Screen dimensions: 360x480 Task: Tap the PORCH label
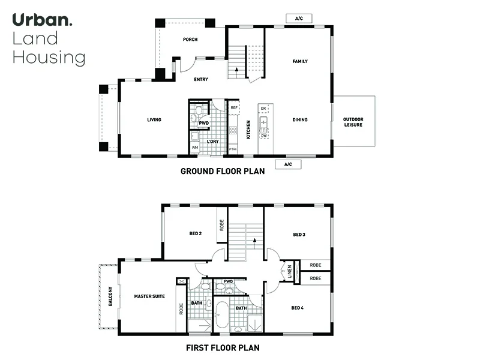click(190, 40)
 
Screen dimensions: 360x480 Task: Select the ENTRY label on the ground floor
click(201, 79)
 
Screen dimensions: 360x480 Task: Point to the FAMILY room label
click(300, 62)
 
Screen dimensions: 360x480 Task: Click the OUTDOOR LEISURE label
click(353, 122)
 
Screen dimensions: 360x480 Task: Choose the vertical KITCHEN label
click(248, 129)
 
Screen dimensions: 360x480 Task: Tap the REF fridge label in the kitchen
click(233, 108)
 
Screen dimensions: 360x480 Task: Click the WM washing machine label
click(195, 147)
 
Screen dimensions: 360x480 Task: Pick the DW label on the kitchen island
click(263, 136)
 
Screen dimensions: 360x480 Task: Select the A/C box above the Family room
click(299, 19)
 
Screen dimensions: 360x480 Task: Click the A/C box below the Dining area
click(287, 164)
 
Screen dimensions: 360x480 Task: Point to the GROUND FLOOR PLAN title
click(223, 172)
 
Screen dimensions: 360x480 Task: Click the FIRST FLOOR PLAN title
click(223, 347)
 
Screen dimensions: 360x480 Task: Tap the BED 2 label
click(195, 234)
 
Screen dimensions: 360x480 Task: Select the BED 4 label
click(298, 308)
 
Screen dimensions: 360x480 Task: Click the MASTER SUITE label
click(149, 296)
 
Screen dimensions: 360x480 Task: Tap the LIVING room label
click(154, 120)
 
